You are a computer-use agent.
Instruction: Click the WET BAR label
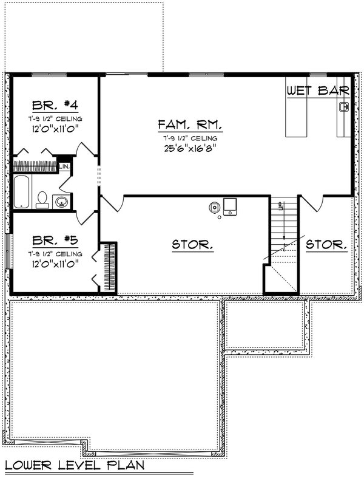click(x=318, y=91)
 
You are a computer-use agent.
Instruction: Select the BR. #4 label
click(x=55, y=103)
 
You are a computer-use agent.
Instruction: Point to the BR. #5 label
click(x=55, y=239)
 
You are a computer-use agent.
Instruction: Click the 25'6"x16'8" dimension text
click(x=190, y=146)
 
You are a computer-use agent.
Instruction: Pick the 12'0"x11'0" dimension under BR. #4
click(x=55, y=129)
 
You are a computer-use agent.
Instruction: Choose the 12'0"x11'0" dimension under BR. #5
click(x=55, y=265)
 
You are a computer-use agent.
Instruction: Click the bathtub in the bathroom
click(x=21, y=192)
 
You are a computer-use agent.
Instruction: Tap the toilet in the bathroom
click(x=42, y=199)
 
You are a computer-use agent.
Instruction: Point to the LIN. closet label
click(x=65, y=165)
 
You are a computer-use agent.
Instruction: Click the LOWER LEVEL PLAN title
click(x=75, y=466)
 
